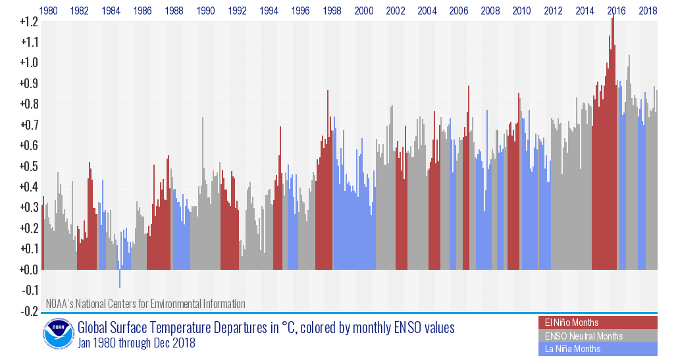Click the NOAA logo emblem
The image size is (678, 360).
59,334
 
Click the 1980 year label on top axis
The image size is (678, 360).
48,11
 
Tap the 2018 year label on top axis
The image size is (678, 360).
648,11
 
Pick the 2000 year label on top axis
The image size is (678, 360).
364,11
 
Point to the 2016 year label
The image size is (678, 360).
617,11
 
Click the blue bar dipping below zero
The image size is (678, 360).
120,279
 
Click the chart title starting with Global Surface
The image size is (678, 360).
266,328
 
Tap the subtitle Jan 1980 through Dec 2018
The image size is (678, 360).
136,343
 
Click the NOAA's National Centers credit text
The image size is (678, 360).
145,304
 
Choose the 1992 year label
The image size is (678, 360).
238,11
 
